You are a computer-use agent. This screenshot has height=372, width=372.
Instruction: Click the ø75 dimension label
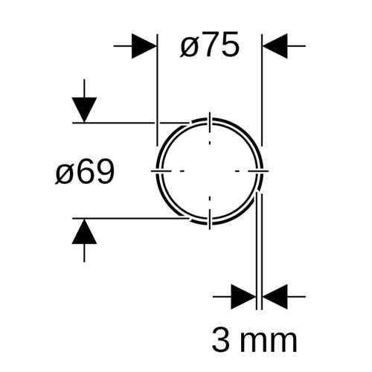(210, 45)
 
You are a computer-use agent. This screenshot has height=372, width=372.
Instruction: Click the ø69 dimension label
(85, 171)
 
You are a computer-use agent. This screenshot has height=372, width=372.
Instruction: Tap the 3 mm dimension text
(254, 339)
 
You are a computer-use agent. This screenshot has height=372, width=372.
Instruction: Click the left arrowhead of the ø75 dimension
(144, 46)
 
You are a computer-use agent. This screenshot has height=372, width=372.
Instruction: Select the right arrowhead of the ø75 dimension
(275, 46)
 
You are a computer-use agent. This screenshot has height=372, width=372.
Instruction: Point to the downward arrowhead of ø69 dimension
(84, 110)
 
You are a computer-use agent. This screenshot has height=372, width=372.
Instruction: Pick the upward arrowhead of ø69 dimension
(84, 231)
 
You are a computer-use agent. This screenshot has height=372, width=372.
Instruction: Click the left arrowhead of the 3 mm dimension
(243, 297)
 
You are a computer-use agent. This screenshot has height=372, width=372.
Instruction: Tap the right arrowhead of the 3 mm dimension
(275, 297)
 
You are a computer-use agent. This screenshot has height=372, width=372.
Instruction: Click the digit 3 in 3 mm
(221, 339)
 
